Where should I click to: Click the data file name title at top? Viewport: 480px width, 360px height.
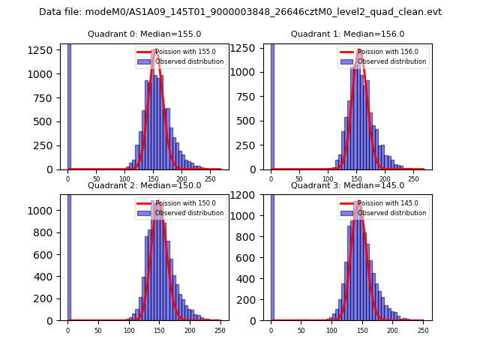pyautogui.click(x=240, y=12)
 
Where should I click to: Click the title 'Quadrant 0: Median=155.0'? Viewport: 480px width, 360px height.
pyautogui.click(x=144, y=34)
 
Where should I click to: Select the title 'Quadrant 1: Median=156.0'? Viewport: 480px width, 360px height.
pyautogui.click(x=347, y=34)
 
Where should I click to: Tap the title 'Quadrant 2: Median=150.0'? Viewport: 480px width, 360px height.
pyautogui.click(x=144, y=185)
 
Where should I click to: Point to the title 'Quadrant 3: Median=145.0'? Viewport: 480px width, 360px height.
pyautogui.click(x=347, y=185)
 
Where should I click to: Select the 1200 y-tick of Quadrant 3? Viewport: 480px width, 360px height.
pyautogui.click(x=250, y=195)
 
